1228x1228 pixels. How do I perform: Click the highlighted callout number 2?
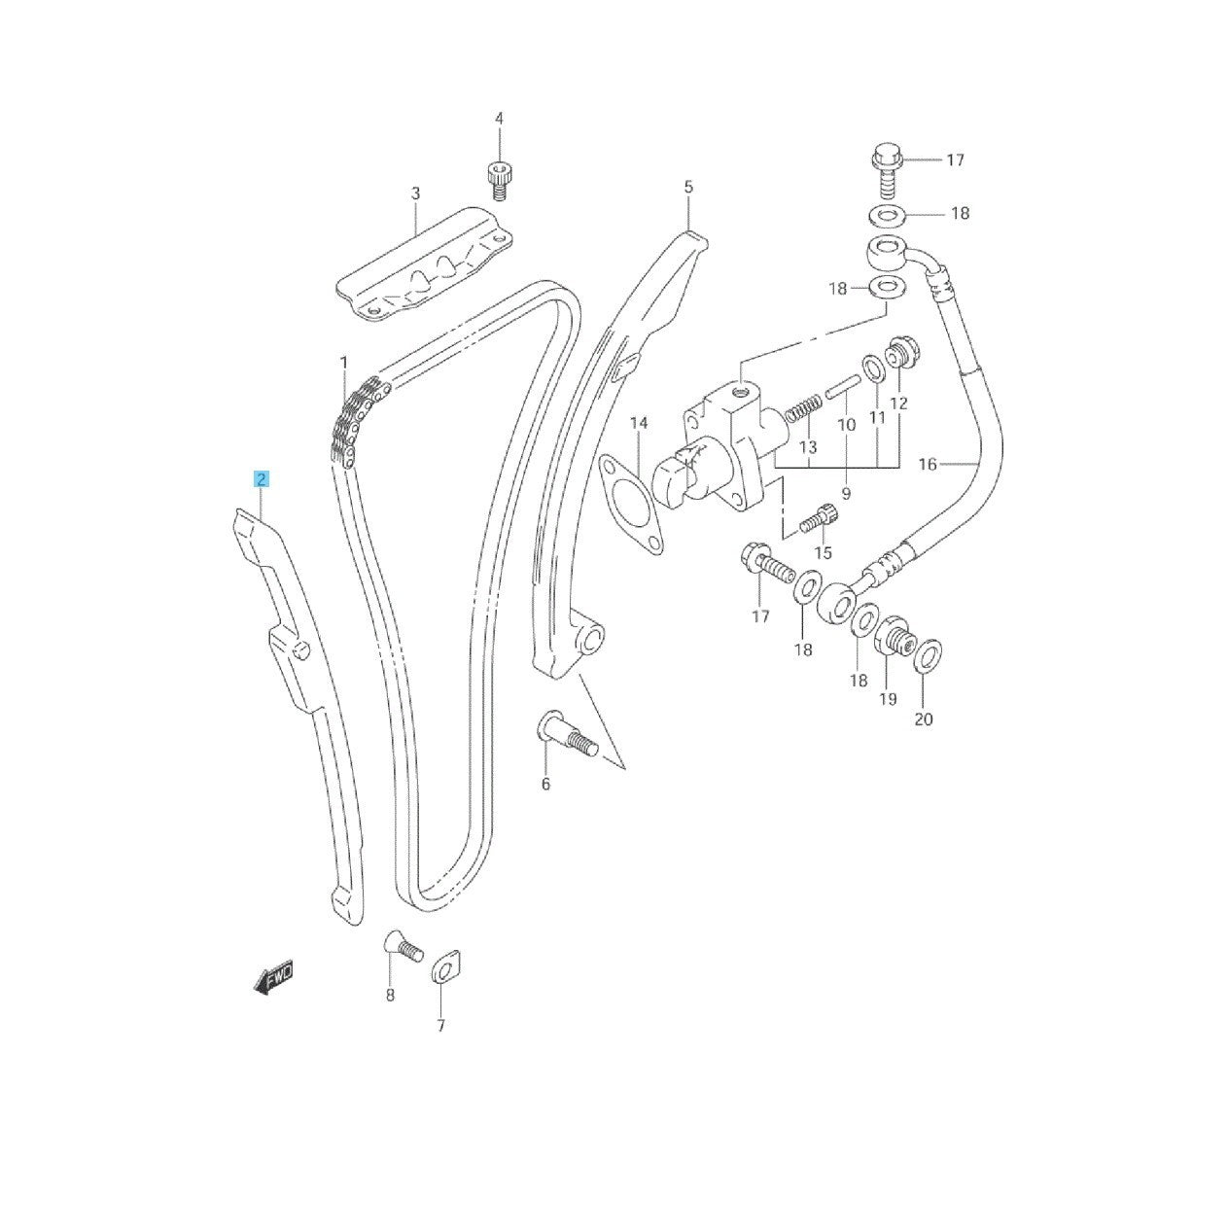262,479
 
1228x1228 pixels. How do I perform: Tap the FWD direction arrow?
274,993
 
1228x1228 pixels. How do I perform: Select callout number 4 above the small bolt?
499,119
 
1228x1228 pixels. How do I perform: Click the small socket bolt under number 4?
498,181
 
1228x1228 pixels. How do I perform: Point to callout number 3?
415,193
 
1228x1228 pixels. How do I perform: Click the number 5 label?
687,188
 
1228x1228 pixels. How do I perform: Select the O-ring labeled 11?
873,368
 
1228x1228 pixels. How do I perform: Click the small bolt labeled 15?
817,515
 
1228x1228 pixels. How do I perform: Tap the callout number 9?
846,493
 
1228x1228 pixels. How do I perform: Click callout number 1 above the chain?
344,363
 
